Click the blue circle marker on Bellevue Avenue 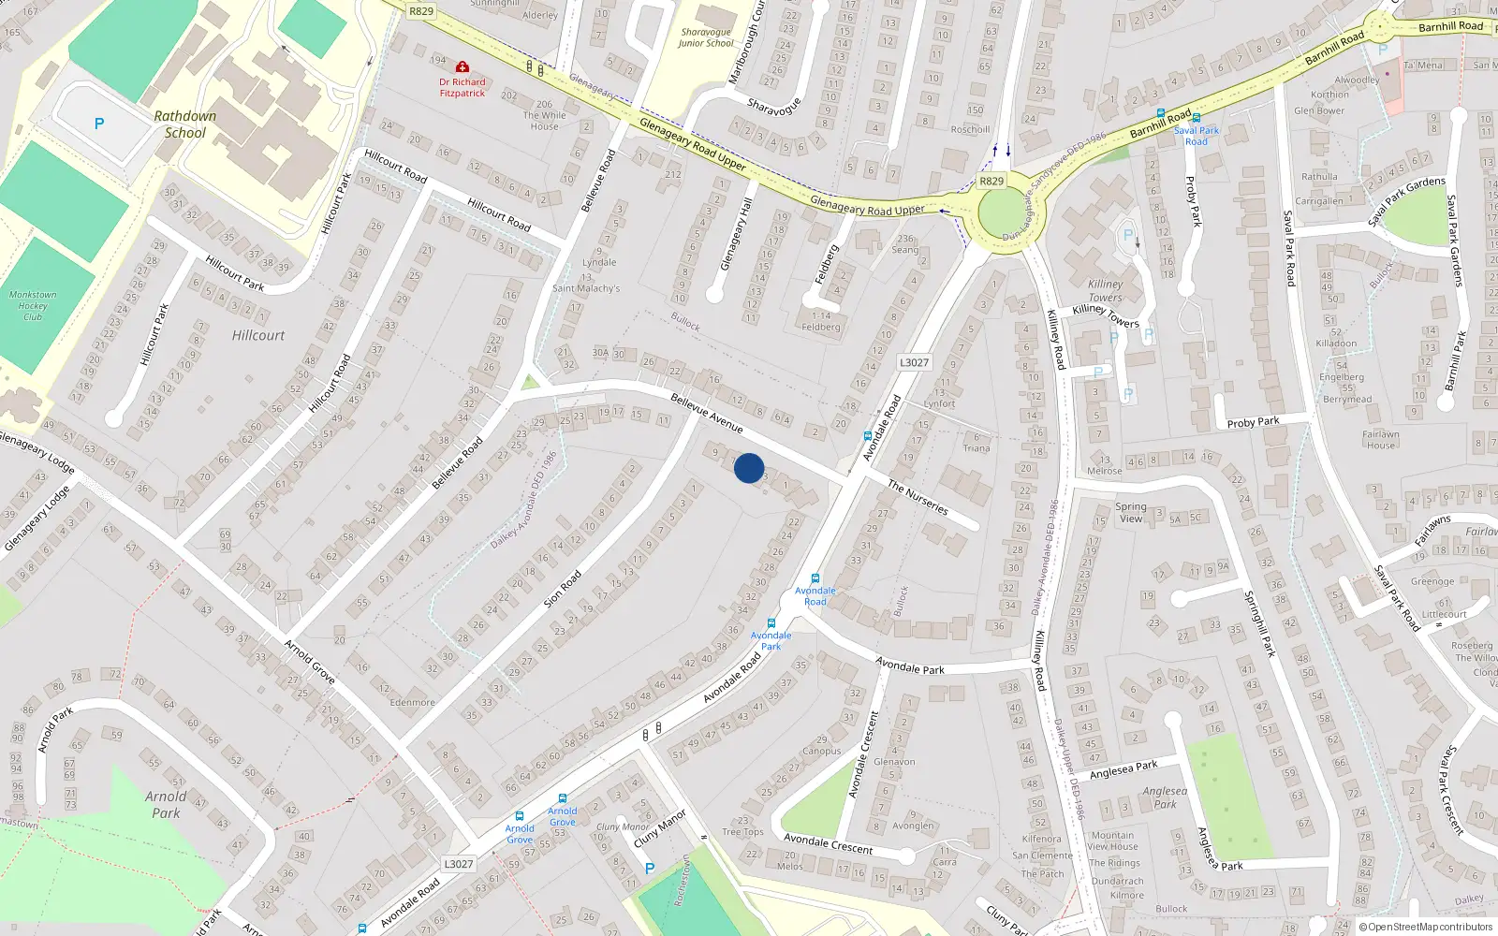click(749, 468)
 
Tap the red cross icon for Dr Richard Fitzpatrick click(463, 67)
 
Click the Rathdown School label click(185, 124)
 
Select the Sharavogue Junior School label click(706, 37)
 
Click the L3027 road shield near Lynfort click(914, 363)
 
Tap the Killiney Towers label click(1105, 290)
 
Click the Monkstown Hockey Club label click(33, 305)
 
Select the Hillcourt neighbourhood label click(258, 335)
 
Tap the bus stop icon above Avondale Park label click(771, 623)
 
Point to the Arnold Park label click(166, 804)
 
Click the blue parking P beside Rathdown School click(99, 124)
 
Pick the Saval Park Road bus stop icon click(1197, 119)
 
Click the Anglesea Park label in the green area click(1165, 797)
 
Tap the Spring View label click(1131, 512)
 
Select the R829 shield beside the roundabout click(991, 181)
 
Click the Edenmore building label click(412, 702)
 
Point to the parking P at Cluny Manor click(650, 869)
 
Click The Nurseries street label click(918, 497)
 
